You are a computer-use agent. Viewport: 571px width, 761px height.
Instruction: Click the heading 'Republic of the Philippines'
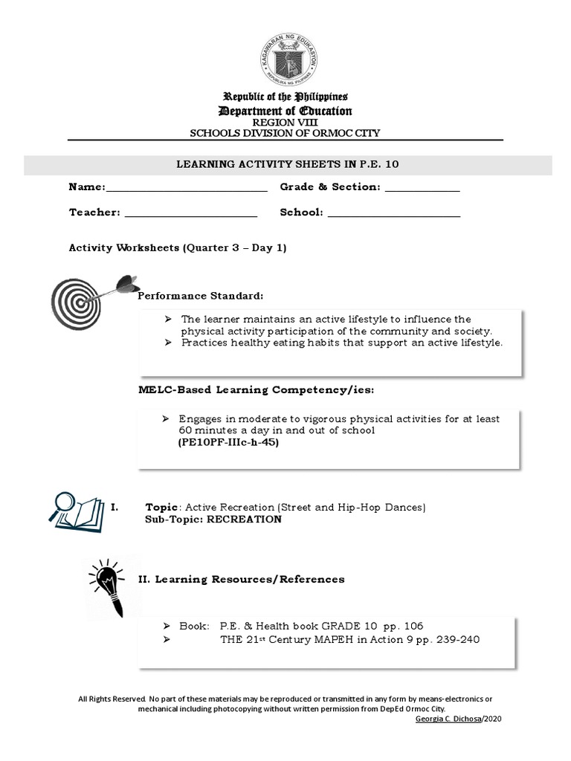(285, 97)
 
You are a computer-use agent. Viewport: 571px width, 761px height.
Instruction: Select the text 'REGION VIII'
(285, 123)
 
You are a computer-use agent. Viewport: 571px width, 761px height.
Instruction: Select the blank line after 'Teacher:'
(190, 214)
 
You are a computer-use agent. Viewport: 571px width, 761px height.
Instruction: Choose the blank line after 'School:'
(393, 214)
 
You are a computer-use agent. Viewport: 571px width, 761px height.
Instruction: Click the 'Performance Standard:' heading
(200, 297)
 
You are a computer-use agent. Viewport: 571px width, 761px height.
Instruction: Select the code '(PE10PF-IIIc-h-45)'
(222, 441)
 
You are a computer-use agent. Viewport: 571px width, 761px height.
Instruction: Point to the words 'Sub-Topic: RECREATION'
(213, 519)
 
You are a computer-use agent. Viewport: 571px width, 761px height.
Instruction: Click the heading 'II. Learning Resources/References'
(242, 579)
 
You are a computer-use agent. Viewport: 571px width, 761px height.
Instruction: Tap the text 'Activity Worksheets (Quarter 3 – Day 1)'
(178, 248)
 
